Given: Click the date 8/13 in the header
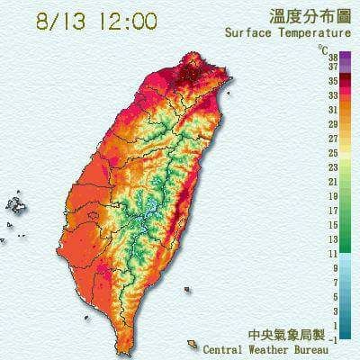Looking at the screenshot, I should (x=60, y=21).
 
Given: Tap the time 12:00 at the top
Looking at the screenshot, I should (x=121, y=21).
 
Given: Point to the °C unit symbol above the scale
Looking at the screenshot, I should (x=323, y=47).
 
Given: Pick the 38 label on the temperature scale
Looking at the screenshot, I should (x=333, y=56).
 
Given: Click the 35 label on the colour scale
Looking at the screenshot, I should (x=333, y=80).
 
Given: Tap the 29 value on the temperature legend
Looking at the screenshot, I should (x=333, y=124).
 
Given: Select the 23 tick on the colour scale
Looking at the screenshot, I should (x=333, y=167).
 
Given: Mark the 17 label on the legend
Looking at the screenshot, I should (x=333, y=211).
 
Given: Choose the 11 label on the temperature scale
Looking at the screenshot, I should (x=333, y=254).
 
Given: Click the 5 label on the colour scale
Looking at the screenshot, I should (x=335, y=297).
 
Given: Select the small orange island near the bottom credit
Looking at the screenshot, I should (x=193, y=345).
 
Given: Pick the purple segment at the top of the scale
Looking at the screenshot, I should (x=320, y=58).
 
